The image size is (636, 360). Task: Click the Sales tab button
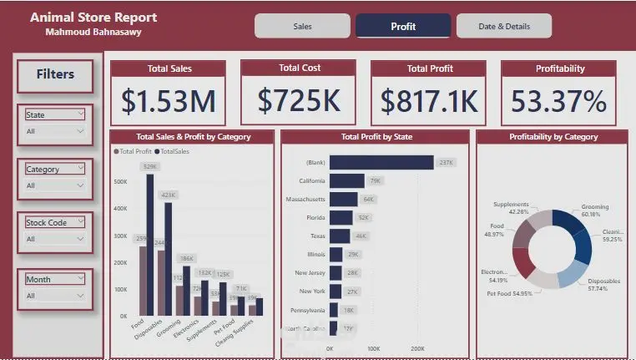click(x=302, y=26)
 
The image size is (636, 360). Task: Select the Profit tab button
click(x=403, y=26)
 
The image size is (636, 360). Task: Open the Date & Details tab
click(x=504, y=26)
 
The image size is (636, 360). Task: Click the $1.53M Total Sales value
click(x=169, y=101)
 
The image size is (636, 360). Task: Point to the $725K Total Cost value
click(x=299, y=100)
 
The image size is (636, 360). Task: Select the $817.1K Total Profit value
click(x=429, y=101)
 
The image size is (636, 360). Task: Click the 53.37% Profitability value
click(x=558, y=101)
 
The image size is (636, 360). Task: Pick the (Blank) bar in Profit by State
click(x=381, y=162)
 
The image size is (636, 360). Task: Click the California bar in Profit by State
click(x=347, y=180)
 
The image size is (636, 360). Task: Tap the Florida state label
click(x=314, y=217)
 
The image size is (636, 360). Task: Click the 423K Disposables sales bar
click(x=168, y=259)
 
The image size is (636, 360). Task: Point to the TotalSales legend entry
click(x=174, y=151)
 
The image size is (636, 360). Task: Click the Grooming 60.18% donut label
click(x=594, y=210)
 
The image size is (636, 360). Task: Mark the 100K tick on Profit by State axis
click(x=373, y=348)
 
